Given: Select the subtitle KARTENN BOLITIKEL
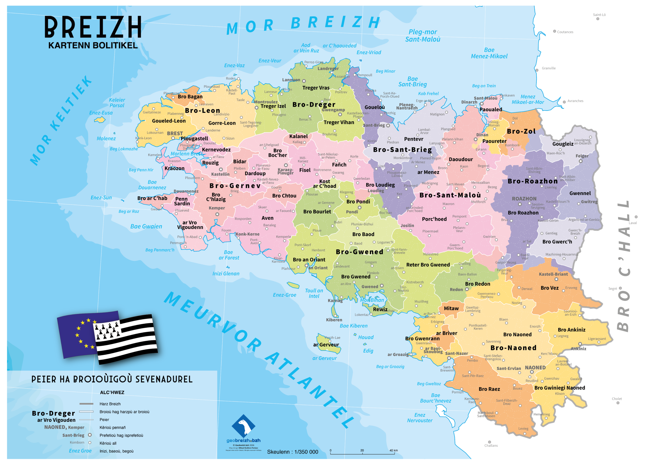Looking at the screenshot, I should (93, 46).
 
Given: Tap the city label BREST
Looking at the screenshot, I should (174, 133).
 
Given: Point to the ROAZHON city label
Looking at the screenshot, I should (524, 199).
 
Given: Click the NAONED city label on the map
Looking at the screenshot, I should (535, 368).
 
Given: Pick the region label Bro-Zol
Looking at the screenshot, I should (521, 131).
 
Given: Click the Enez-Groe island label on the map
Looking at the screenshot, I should (284, 295).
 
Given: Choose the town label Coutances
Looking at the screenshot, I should (565, 32).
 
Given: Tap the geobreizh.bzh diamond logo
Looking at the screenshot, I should (243, 426).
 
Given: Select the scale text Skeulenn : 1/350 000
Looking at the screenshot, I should (292, 452).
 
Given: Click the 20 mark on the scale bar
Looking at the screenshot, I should (362, 451).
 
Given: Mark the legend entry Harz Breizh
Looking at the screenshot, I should (110, 404).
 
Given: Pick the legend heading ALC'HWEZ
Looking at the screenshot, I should (112, 393).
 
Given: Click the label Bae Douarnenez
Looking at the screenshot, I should (152, 185).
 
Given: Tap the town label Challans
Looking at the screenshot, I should (491, 445).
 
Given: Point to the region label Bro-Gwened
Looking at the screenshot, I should (359, 252).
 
